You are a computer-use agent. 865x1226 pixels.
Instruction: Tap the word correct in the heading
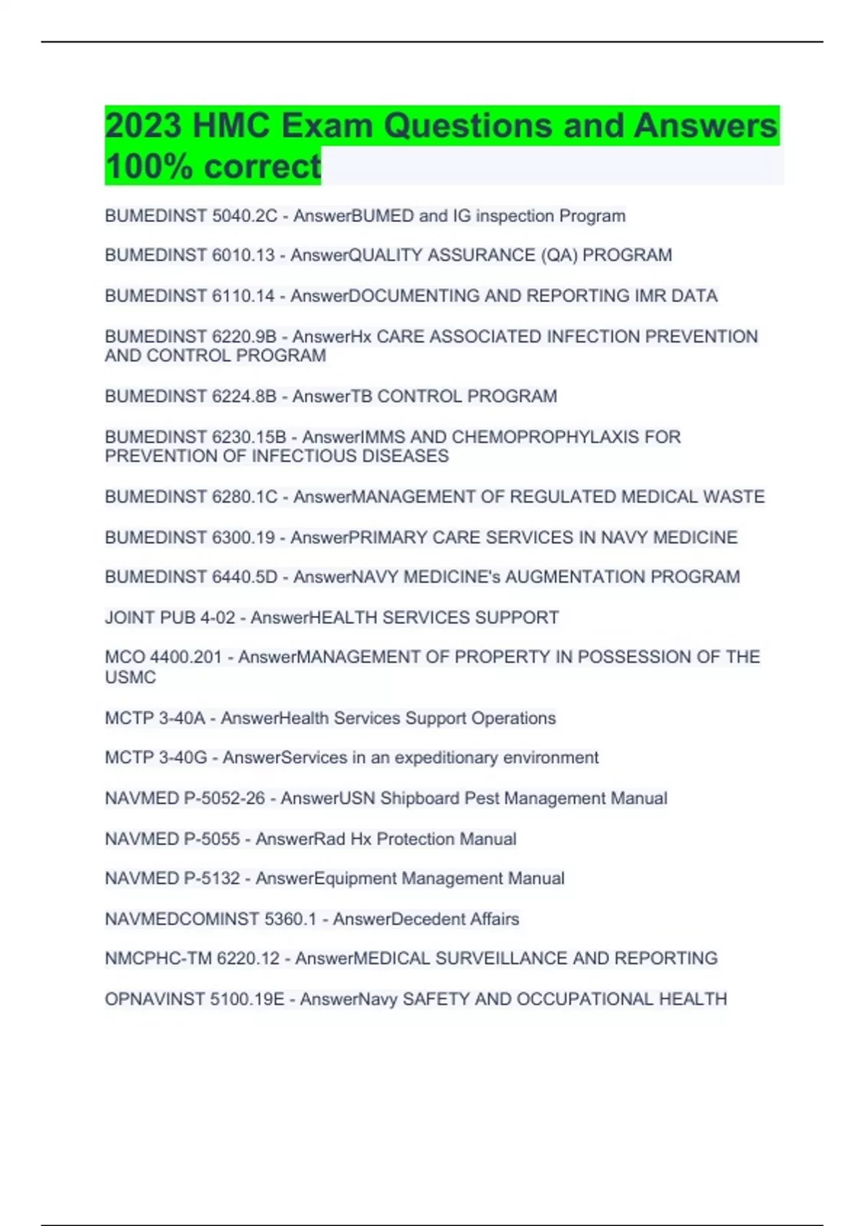tap(262, 167)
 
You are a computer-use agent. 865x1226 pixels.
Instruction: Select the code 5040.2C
tap(244, 216)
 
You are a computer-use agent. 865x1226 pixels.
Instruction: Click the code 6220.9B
tap(244, 337)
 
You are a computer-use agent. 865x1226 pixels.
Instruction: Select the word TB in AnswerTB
tap(363, 397)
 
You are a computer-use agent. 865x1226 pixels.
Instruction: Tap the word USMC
tap(130, 677)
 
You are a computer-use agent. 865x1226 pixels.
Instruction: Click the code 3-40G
tap(183, 758)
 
